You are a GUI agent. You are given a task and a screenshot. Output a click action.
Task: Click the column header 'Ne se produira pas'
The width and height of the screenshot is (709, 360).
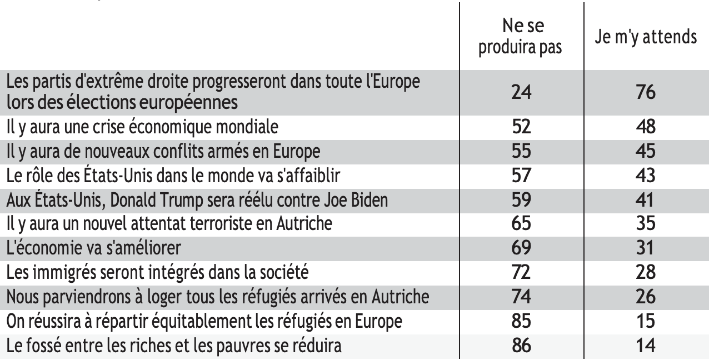[x=521, y=38]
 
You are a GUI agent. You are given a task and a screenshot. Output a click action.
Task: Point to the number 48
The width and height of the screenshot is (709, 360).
[x=645, y=127]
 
